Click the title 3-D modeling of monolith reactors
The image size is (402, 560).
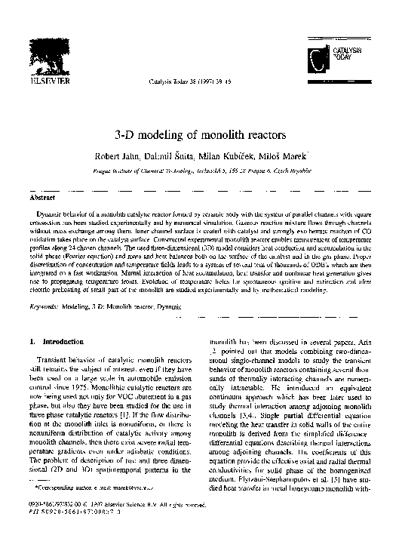[200, 134]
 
